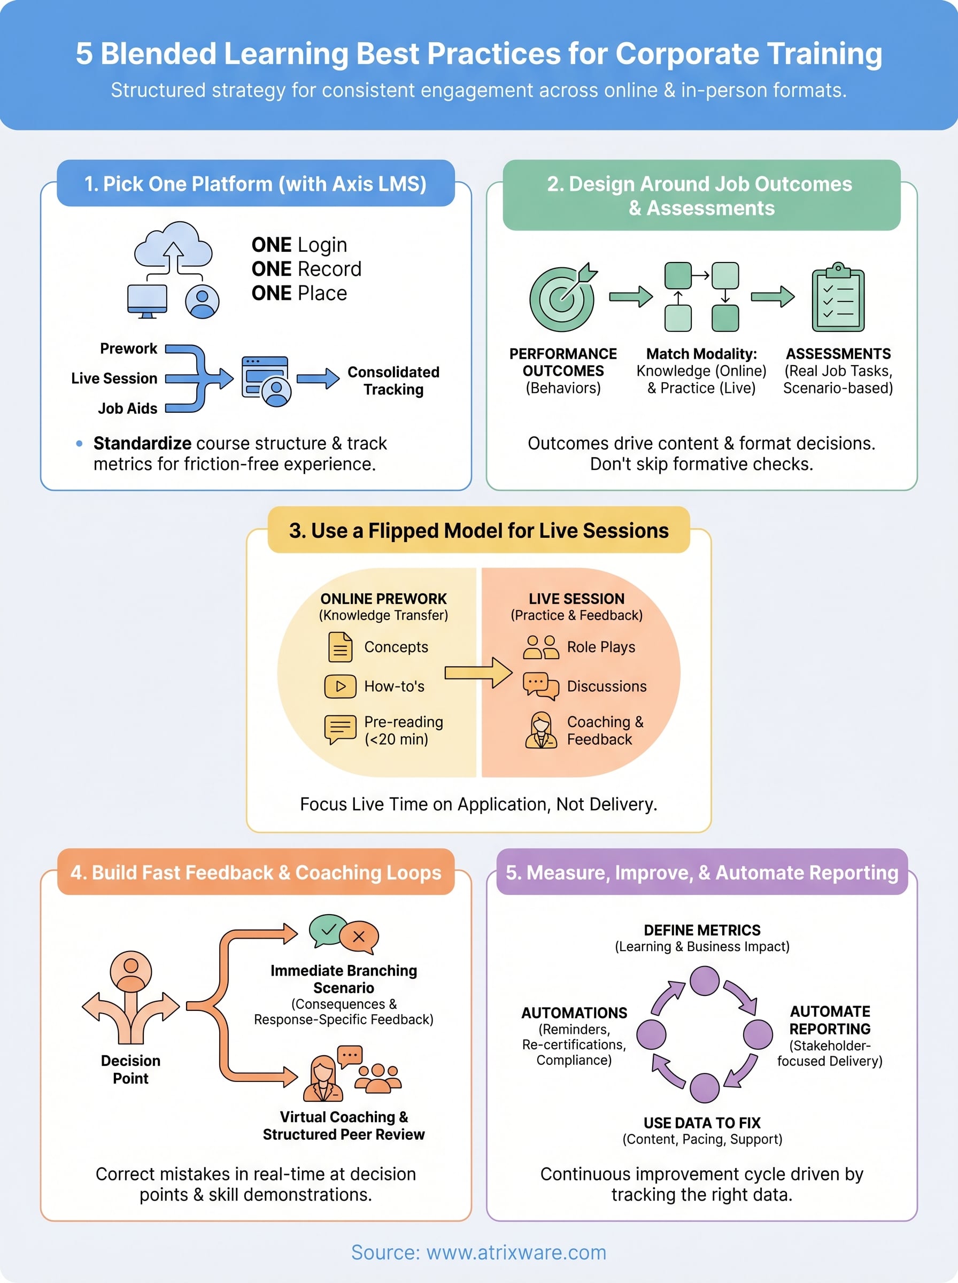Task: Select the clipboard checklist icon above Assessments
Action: [837, 297]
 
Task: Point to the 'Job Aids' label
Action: [128, 408]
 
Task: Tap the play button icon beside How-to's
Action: [341, 686]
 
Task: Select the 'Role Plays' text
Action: [601, 647]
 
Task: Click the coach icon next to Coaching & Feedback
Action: [540, 730]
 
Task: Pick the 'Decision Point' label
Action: [130, 1069]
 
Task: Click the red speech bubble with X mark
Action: [359, 936]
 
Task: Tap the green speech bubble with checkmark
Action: [328, 929]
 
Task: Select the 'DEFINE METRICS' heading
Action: [702, 930]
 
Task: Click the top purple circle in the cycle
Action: [705, 981]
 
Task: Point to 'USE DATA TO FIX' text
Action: [702, 1123]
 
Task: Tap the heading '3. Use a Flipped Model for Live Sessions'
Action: [478, 530]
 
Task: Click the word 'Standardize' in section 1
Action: [142, 443]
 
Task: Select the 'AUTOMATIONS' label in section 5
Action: [574, 1013]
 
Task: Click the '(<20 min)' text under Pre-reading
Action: [396, 739]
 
